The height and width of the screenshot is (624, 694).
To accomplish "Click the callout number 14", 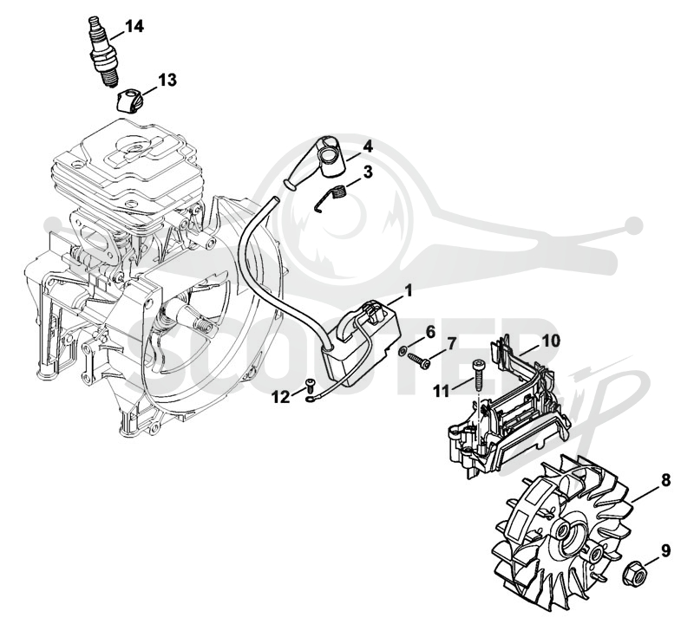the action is click(134, 26).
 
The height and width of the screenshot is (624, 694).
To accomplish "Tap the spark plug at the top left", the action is click(104, 53).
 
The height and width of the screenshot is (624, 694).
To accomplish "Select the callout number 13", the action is click(167, 80).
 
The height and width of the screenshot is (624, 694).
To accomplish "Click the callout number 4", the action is click(368, 146).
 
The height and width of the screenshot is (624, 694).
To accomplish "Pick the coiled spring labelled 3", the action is click(331, 198).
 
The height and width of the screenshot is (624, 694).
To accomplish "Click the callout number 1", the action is click(408, 291).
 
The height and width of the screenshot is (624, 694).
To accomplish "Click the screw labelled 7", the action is click(419, 360).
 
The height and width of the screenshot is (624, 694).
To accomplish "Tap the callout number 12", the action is click(280, 398).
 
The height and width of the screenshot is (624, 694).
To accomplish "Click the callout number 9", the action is click(666, 550).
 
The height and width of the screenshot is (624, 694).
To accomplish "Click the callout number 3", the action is click(368, 172).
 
